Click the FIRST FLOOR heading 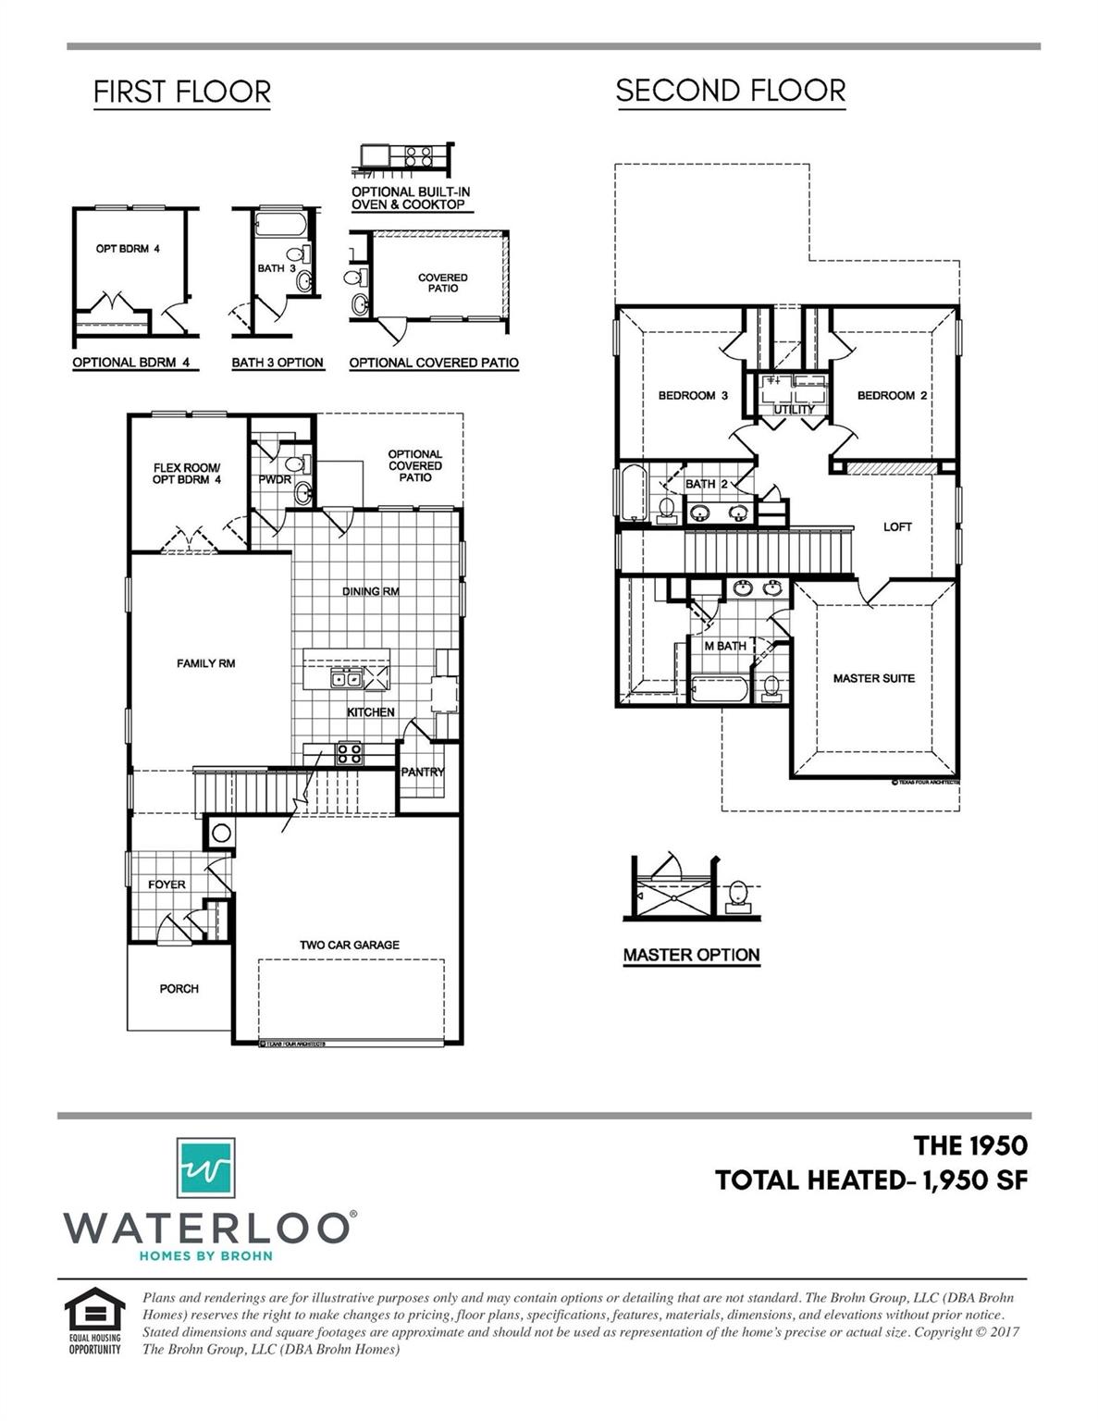(x=182, y=93)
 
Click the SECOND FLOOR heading (x=730, y=91)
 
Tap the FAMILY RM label (x=205, y=663)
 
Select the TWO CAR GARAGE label (x=349, y=945)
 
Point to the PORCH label (x=179, y=988)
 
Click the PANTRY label (x=422, y=772)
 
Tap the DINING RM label (x=370, y=591)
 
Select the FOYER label (x=167, y=884)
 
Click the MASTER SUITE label (x=873, y=678)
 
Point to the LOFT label (x=897, y=526)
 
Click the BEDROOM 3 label (x=693, y=395)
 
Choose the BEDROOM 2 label (x=892, y=395)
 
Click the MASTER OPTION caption (x=691, y=955)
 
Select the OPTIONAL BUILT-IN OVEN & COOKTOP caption (x=410, y=198)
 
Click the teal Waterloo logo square (x=205, y=1168)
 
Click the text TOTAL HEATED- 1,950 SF (x=870, y=1180)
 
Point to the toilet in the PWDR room (x=295, y=464)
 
